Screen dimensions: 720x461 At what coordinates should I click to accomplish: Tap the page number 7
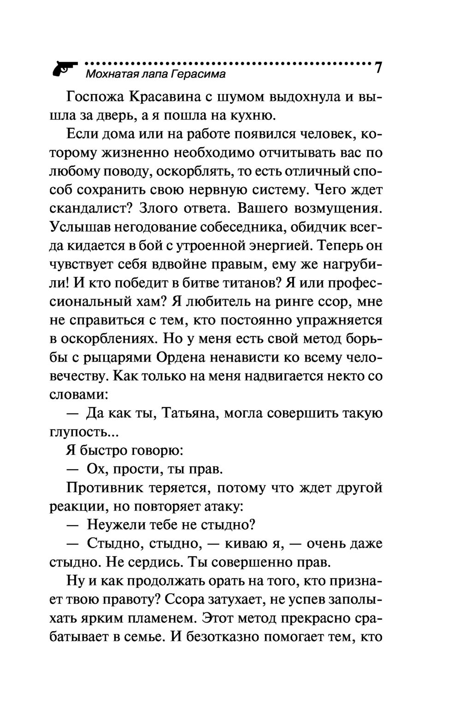click(378, 67)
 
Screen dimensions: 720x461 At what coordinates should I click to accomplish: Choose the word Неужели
click(117, 525)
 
